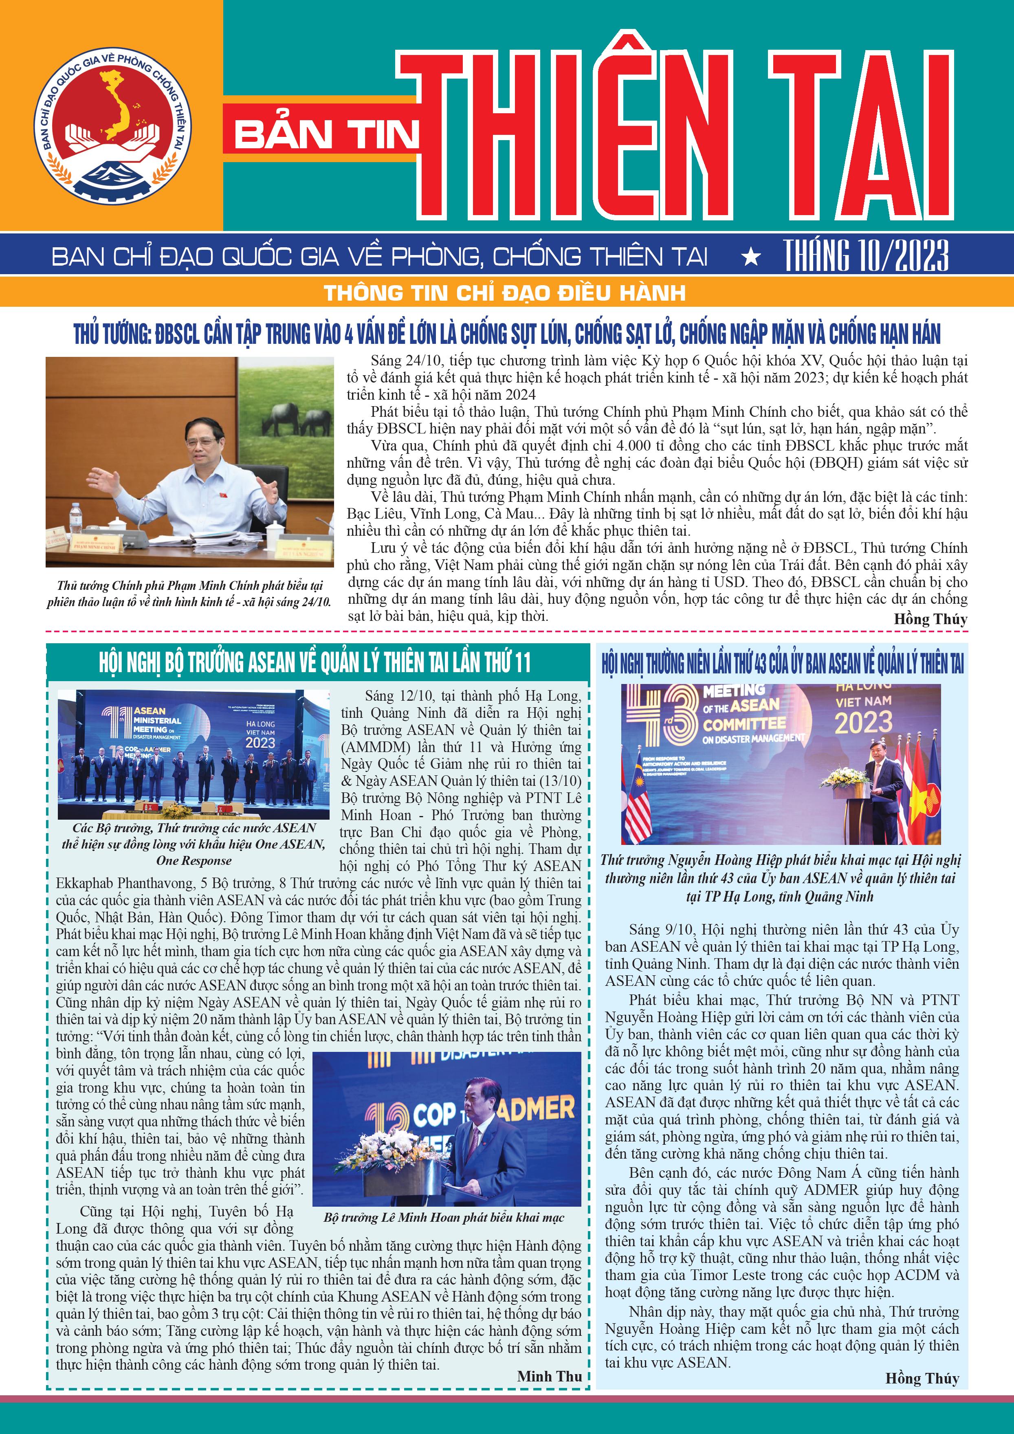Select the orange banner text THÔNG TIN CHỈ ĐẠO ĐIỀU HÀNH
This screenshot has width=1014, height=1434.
pyautogui.click(x=504, y=292)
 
